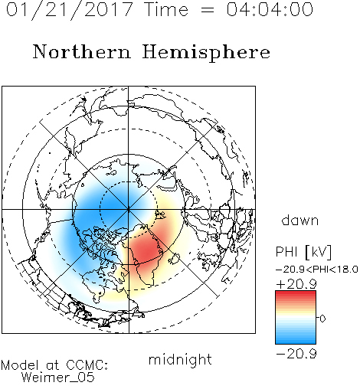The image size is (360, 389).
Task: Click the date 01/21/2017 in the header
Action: click(x=70, y=10)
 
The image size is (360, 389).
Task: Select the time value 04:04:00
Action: click(x=270, y=9)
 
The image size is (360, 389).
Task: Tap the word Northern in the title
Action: click(x=82, y=51)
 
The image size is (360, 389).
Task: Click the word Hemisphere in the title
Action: click(x=206, y=53)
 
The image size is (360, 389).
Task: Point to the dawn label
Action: click(x=300, y=221)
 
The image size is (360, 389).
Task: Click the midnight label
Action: click(x=180, y=360)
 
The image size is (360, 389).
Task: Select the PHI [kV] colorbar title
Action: click(x=303, y=252)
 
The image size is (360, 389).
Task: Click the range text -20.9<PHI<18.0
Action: click(x=316, y=270)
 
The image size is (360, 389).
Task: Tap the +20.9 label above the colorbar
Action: click(x=296, y=284)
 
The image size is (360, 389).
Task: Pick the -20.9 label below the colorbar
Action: click(x=296, y=354)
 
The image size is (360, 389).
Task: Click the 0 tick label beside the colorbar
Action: click(x=322, y=319)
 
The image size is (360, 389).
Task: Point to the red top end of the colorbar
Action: click(x=296, y=293)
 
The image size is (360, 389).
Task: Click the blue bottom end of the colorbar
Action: click(x=296, y=342)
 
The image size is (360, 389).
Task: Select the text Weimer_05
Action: click(x=58, y=377)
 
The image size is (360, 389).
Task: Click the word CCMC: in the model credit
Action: click(x=87, y=365)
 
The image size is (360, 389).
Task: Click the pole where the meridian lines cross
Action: click(x=129, y=209)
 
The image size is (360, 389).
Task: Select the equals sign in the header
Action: click(x=207, y=10)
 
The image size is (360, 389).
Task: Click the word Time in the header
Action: click(x=166, y=9)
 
